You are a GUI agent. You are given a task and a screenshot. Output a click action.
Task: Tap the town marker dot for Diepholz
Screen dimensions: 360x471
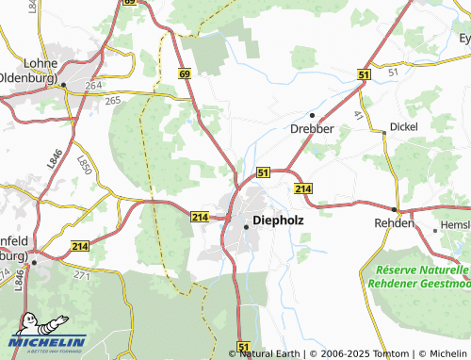pos(247,226)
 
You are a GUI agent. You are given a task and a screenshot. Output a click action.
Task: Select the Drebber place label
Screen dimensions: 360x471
pos(313,129)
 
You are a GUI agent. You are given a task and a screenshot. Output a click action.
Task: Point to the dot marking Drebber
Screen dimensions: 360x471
pos(313,115)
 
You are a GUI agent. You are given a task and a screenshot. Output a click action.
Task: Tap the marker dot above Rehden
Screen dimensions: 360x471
pos(395,209)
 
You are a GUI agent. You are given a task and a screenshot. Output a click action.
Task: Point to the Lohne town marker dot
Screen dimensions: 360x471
pos(63,85)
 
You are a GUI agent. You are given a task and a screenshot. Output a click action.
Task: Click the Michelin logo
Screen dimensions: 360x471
pos(47,337)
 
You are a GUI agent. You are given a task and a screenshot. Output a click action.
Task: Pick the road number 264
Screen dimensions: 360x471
pos(93,86)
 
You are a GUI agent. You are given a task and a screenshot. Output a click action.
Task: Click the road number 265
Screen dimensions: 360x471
pos(113,101)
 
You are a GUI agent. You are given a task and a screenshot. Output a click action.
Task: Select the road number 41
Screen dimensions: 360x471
pos(359,114)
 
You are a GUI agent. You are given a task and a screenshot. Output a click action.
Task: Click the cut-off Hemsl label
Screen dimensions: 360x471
pos(454,227)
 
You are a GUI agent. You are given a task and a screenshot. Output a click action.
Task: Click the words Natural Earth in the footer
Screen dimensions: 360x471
pos(268,354)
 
